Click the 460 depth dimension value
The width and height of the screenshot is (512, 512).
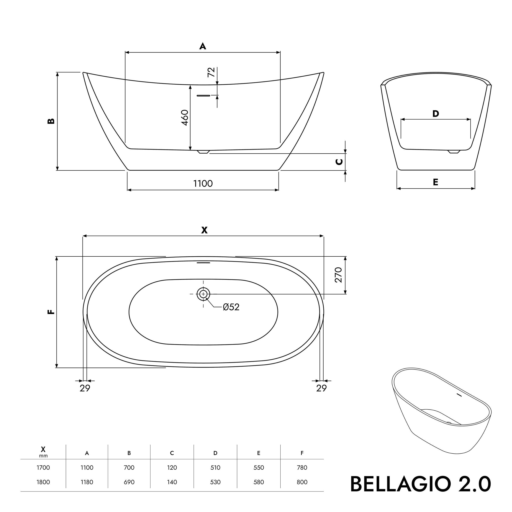click(x=185, y=118)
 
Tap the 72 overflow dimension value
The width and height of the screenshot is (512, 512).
click(x=211, y=72)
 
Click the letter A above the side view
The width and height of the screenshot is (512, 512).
click(x=203, y=46)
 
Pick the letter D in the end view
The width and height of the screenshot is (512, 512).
click(x=436, y=114)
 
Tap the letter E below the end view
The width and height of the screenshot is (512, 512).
click(x=435, y=182)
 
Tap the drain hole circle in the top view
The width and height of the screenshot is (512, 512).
click(x=203, y=294)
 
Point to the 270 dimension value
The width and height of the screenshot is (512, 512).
click(x=338, y=275)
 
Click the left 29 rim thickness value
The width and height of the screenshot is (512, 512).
click(x=85, y=388)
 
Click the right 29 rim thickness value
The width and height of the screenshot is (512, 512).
click(x=322, y=388)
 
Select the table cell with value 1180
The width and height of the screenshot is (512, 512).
click(x=87, y=482)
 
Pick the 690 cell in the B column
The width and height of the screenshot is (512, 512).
click(x=129, y=482)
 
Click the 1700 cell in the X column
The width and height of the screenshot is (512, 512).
click(x=43, y=468)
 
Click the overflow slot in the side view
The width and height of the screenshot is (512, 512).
click(x=203, y=95)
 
